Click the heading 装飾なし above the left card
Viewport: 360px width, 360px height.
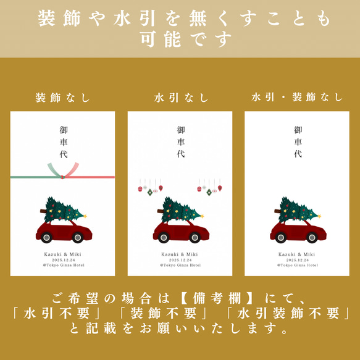pos(62,98)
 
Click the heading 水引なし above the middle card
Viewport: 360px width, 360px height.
pos(180,98)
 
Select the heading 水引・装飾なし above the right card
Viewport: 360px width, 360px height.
pos(297,98)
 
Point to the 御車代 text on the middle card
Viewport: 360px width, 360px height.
pos(180,141)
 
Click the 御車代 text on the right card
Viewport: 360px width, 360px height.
pos(298,141)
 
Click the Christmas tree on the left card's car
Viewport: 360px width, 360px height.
pos(64,209)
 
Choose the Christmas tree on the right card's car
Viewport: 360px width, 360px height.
pos(298,209)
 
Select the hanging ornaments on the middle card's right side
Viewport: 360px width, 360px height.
pos(209,186)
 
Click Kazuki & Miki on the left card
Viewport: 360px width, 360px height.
pos(63,254)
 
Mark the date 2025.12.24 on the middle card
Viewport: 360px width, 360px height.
pos(180,260)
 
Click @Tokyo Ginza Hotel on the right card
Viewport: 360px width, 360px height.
pos(297,265)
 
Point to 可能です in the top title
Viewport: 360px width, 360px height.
pos(180,40)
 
